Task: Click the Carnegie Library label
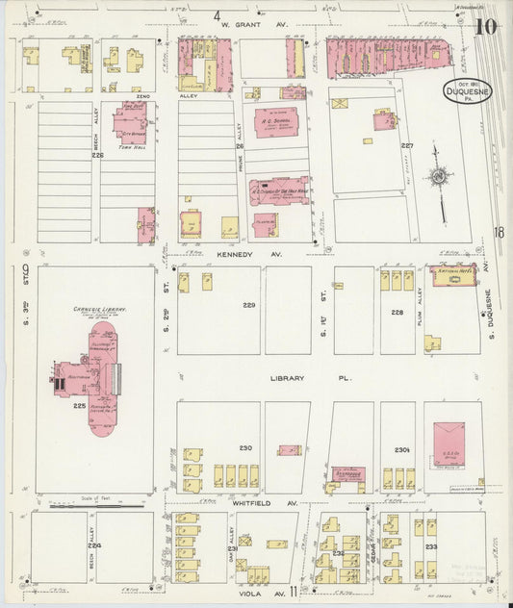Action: (x=93, y=310)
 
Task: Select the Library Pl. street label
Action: (x=287, y=378)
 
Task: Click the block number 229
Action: (x=249, y=305)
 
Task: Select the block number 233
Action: (x=431, y=546)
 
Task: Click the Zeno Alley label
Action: (x=143, y=97)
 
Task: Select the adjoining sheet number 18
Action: (x=499, y=231)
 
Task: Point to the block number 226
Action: (x=97, y=155)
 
